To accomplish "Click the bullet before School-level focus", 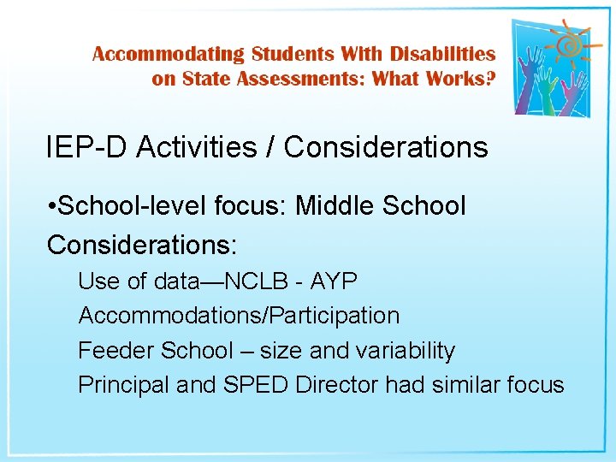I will click(52, 207).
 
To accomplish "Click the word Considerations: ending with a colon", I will click(141, 245).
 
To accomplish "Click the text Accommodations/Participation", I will click(239, 316).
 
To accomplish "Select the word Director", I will click(336, 385).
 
